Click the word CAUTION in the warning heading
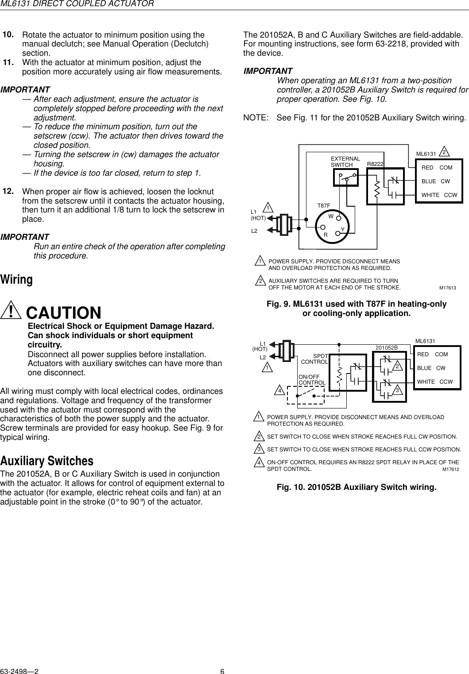(x=64, y=313)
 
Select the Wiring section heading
(x=17, y=280)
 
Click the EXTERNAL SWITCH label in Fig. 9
(x=345, y=162)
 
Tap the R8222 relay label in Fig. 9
(x=375, y=164)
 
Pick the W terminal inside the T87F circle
(x=331, y=216)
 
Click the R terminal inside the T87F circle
(x=326, y=235)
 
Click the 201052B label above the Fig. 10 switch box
(x=387, y=348)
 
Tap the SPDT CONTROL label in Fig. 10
(x=315, y=359)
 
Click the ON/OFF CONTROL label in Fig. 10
(x=312, y=379)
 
